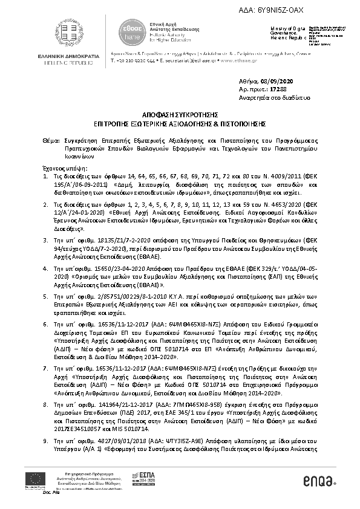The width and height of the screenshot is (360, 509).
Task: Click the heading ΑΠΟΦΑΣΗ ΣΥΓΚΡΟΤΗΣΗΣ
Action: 180,114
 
